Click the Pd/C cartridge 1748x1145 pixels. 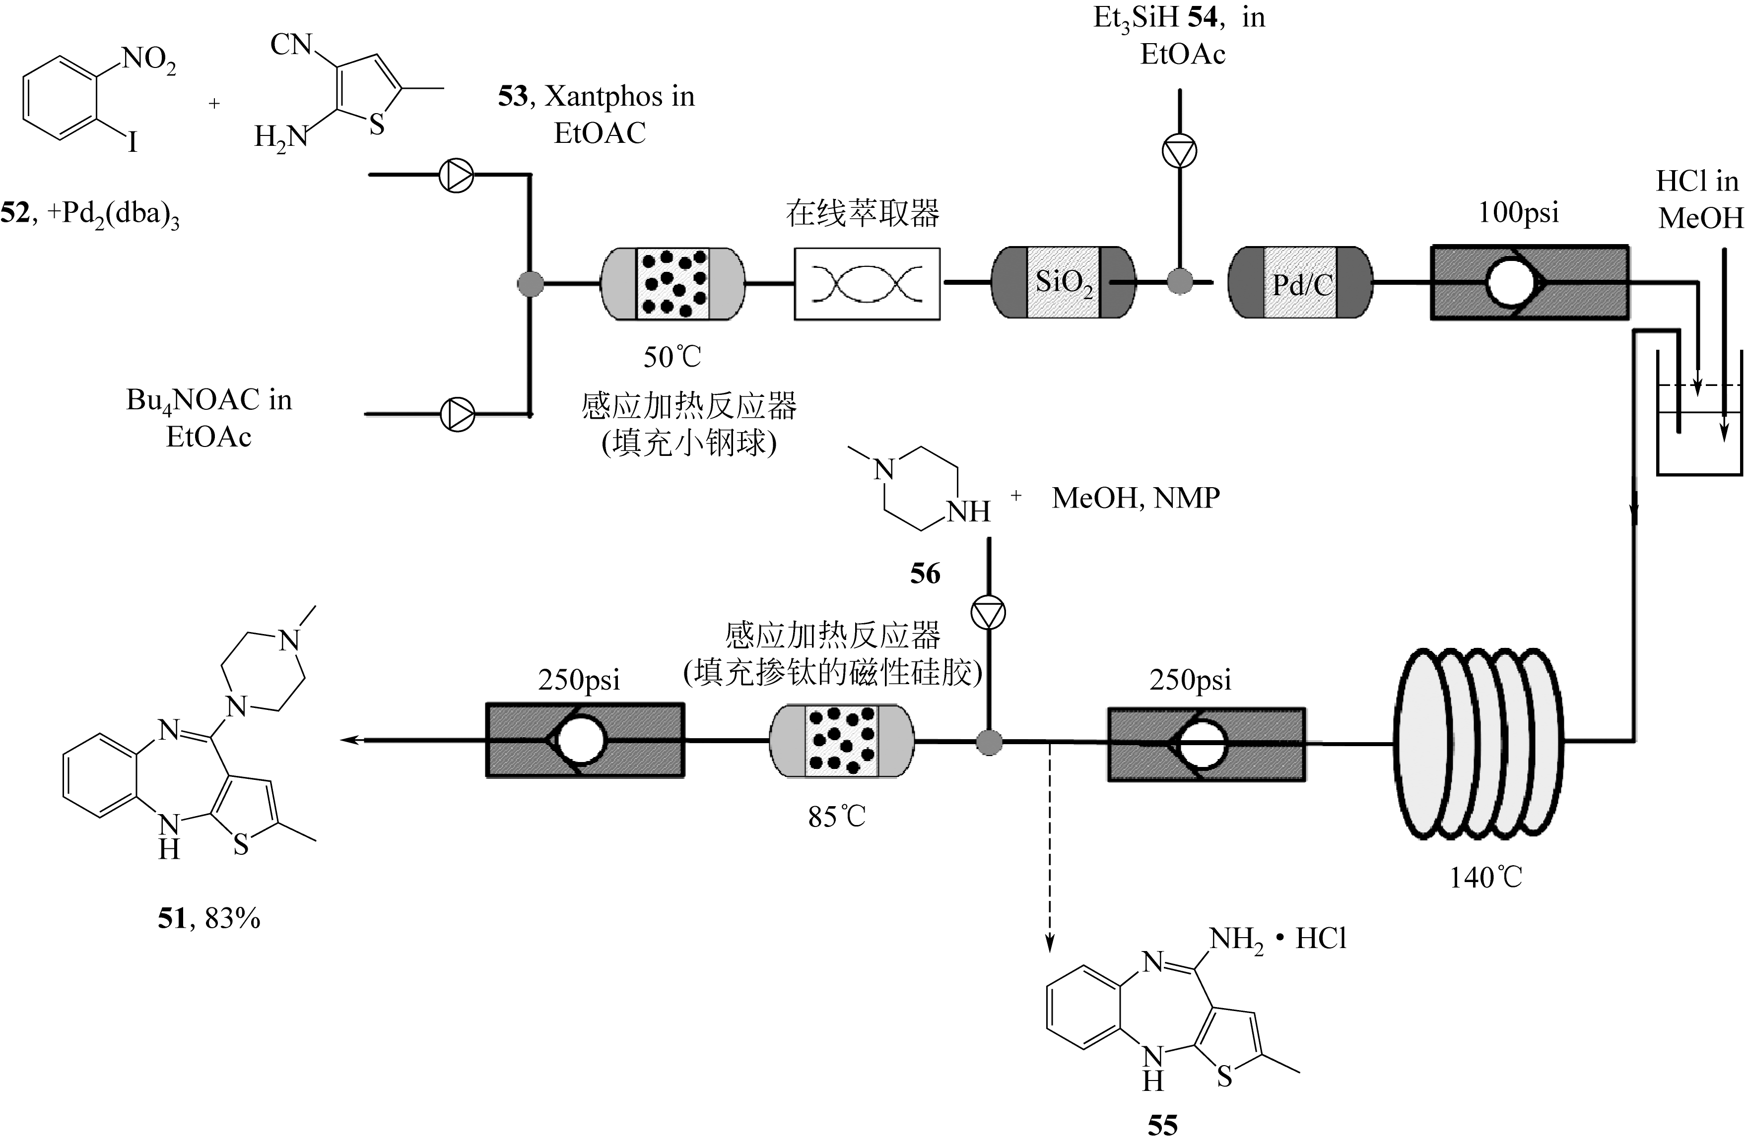(1300, 283)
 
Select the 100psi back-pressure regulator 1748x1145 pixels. (1529, 283)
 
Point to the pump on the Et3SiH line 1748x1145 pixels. (1179, 151)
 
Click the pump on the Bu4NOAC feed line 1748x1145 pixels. (457, 414)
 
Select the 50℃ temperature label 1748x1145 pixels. (672, 358)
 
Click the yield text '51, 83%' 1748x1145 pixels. (209, 918)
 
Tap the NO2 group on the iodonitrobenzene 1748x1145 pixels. (148, 59)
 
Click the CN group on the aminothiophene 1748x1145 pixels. (291, 45)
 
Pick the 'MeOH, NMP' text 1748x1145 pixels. (1136, 499)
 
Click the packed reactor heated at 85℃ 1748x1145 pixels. (842, 741)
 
